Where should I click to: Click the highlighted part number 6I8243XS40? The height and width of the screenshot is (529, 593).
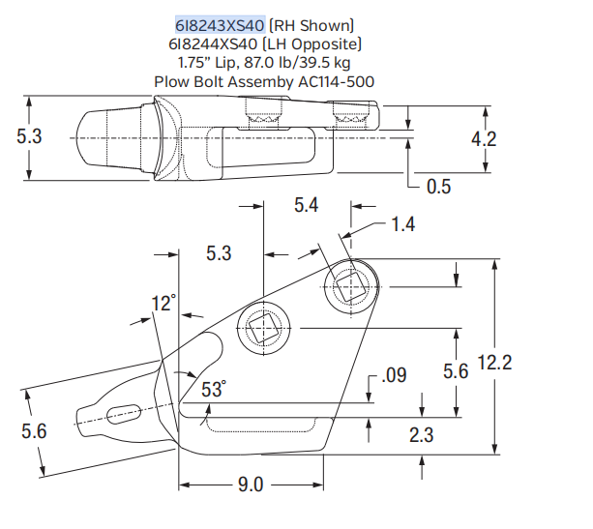tap(220, 24)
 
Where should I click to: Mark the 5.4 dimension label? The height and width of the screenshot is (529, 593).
tap(307, 205)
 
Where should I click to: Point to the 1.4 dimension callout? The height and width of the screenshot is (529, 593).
tap(403, 224)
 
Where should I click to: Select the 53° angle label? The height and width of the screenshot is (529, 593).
tap(213, 390)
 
